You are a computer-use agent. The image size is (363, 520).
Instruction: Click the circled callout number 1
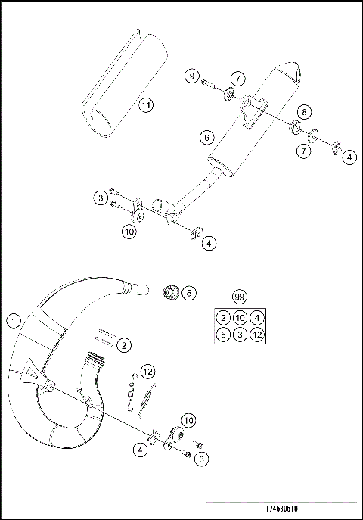(13, 321)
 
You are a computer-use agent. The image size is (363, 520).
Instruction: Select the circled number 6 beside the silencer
(205, 137)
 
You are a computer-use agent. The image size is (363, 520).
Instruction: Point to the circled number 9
(192, 76)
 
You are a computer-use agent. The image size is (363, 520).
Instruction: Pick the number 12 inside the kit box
(258, 334)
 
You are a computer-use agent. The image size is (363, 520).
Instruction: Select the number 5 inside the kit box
(223, 334)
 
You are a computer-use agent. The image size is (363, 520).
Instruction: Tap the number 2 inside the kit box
(223, 317)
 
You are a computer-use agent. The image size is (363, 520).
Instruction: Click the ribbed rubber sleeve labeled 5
(170, 292)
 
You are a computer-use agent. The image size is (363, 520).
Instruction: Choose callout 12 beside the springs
(148, 371)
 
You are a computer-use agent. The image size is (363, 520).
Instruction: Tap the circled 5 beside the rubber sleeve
(189, 292)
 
